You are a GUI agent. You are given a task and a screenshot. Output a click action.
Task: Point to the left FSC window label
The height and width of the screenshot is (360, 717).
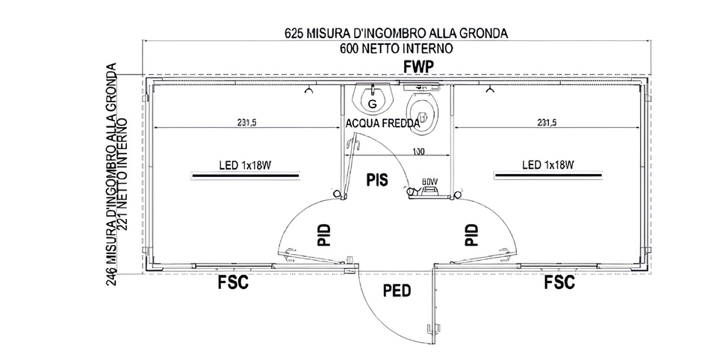[x=232, y=283]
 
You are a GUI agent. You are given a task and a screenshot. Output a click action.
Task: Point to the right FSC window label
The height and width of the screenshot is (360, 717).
[x=559, y=283]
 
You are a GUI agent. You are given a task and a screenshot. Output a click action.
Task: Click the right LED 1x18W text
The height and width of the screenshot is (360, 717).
[x=547, y=164]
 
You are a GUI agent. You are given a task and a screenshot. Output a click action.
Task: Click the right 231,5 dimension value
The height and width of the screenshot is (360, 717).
[x=546, y=123]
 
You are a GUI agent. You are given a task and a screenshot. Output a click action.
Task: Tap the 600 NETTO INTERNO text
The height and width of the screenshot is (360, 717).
[x=396, y=48]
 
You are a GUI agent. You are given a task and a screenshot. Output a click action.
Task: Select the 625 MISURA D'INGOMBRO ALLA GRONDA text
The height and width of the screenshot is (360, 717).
[x=396, y=34]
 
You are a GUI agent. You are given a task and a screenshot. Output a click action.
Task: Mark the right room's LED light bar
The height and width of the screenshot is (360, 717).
[x=547, y=176]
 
